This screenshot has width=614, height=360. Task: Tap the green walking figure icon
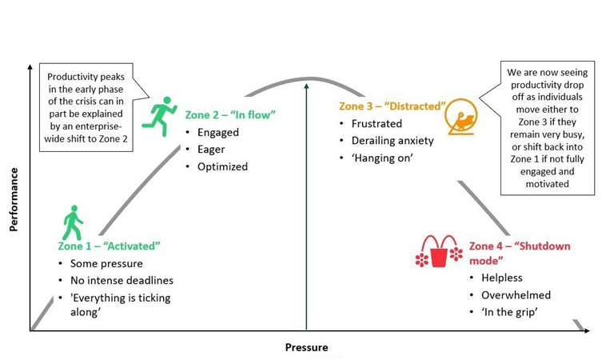pos(73,222)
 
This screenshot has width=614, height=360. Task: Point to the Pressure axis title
pos(306,348)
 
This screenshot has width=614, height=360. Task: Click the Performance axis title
pos(14,194)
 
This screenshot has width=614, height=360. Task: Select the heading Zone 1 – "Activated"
pos(109,246)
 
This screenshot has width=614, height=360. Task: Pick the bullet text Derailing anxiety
pos(393,141)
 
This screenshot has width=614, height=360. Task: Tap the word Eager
pos(212,149)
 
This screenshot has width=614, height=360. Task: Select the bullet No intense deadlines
pos(122,280)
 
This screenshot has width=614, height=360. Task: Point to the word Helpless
pos(502,278)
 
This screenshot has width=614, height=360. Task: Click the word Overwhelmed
pos(516,295)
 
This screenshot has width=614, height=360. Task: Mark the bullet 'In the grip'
pos(508,313)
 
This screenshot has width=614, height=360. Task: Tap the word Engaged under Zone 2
pos(217,132)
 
